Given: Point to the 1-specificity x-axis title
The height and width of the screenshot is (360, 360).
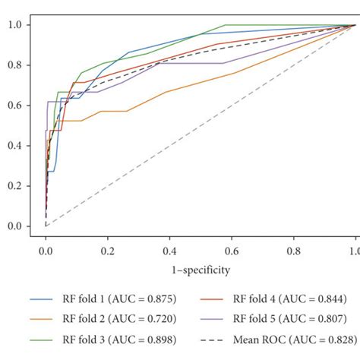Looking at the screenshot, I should [x=200, y=269].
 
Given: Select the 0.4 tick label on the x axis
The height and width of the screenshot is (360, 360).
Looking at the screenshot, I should [x=169, y=248].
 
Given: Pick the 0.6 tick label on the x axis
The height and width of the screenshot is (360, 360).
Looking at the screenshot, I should [x=231, y=248].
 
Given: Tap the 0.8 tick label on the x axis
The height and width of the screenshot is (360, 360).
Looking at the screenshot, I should [x=293, y=248].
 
